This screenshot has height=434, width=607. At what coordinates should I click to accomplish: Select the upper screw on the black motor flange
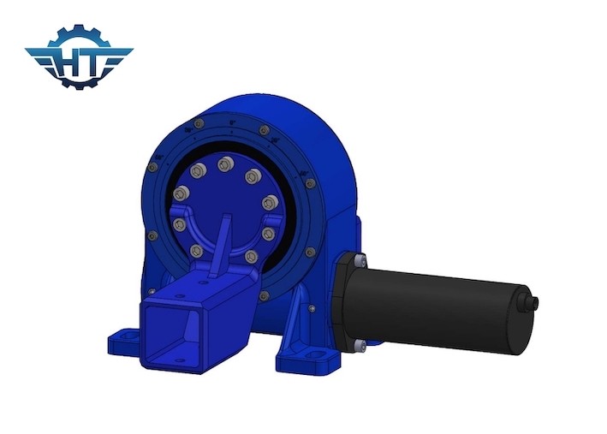[360, 259]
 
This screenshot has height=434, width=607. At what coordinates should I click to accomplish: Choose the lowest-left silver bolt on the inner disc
[196, 251]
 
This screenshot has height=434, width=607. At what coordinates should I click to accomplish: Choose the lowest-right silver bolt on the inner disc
[251, 256]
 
